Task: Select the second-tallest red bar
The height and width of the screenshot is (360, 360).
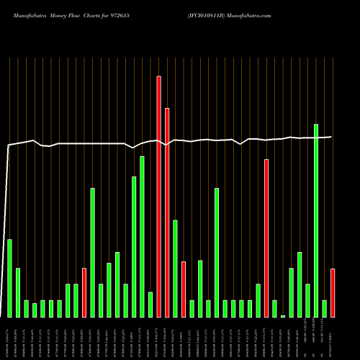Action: point(167,212)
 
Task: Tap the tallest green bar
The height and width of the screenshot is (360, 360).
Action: point(316,220)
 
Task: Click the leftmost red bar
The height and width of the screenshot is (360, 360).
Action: point(84,292)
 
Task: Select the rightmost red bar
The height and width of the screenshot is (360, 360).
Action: point(333,292)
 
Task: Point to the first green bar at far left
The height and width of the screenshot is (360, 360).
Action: point(9,278)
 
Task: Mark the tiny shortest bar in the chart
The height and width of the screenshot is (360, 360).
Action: point(283,316)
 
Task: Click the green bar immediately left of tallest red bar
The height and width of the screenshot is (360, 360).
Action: point(150,305)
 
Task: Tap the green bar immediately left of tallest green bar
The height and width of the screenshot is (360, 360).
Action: point(307,300)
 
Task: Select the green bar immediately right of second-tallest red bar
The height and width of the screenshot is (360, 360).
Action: point(175,268)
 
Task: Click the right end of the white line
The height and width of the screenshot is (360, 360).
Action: point(331,137)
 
